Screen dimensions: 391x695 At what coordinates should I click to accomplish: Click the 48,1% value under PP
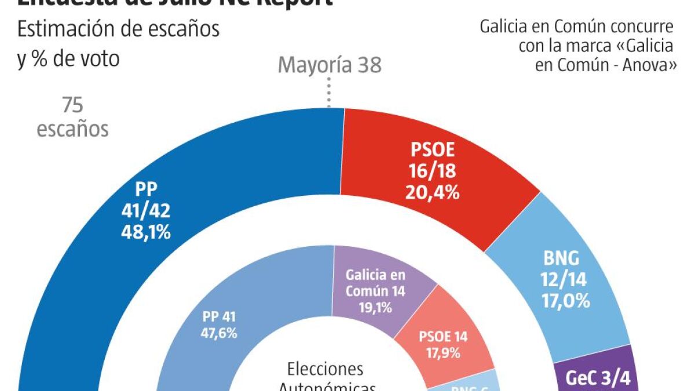point(147,232)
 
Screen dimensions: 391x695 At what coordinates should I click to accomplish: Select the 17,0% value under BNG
point(565,301)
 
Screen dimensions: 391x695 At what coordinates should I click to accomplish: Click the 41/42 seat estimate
point(147,211)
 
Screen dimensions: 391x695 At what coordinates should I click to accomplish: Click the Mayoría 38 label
point(330,65)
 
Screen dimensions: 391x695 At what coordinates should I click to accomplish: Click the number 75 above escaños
point(72,106)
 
